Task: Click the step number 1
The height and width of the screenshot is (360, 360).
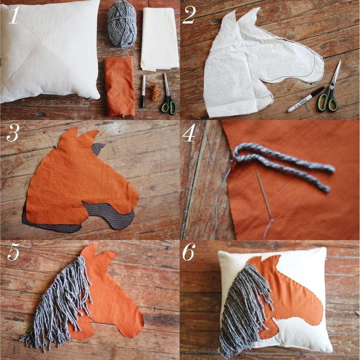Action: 14,15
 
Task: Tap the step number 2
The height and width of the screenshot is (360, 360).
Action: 189,15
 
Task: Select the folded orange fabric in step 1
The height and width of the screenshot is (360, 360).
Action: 119,87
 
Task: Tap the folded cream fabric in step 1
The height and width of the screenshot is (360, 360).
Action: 160,39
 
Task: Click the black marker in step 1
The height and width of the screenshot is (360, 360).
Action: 143,91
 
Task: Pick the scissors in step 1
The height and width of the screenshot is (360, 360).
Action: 168,94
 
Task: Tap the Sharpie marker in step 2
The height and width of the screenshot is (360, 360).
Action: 306,99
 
